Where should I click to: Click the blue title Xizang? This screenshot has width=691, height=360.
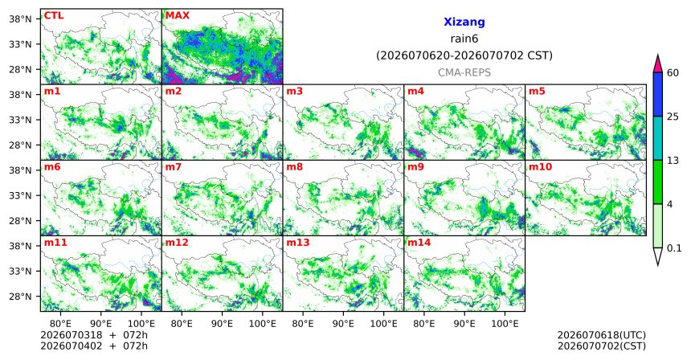coord(464,22)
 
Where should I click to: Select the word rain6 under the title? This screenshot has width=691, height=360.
coord(464,39)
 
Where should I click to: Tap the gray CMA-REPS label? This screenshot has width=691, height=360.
coord(464,72)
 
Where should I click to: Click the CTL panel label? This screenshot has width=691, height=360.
coord(54,15)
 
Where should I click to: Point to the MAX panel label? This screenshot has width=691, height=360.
coord(177,15)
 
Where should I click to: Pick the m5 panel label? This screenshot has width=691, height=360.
coord(537,92)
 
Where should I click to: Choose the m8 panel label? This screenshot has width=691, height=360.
coord(294,167)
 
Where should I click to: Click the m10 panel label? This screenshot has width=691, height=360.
coord(540,167)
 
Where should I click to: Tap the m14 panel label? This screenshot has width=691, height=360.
coord(419,243)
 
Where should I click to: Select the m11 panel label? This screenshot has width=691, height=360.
coord(55,243)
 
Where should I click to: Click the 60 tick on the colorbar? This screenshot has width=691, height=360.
coord(673,72)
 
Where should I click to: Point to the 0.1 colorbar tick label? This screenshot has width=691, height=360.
coord(674,248)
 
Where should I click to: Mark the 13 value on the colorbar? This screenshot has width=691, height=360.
coord(673,161)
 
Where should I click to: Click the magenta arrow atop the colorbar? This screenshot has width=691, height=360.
coord(657,64)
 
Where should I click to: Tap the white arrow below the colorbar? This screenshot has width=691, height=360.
coord(657,256)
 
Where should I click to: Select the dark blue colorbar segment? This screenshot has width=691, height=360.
coord(657,94)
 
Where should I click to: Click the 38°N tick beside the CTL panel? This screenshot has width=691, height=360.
coord(21,19)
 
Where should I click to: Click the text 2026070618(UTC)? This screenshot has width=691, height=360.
coord(602,336)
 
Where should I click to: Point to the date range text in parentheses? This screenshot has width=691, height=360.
coord(464,55)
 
